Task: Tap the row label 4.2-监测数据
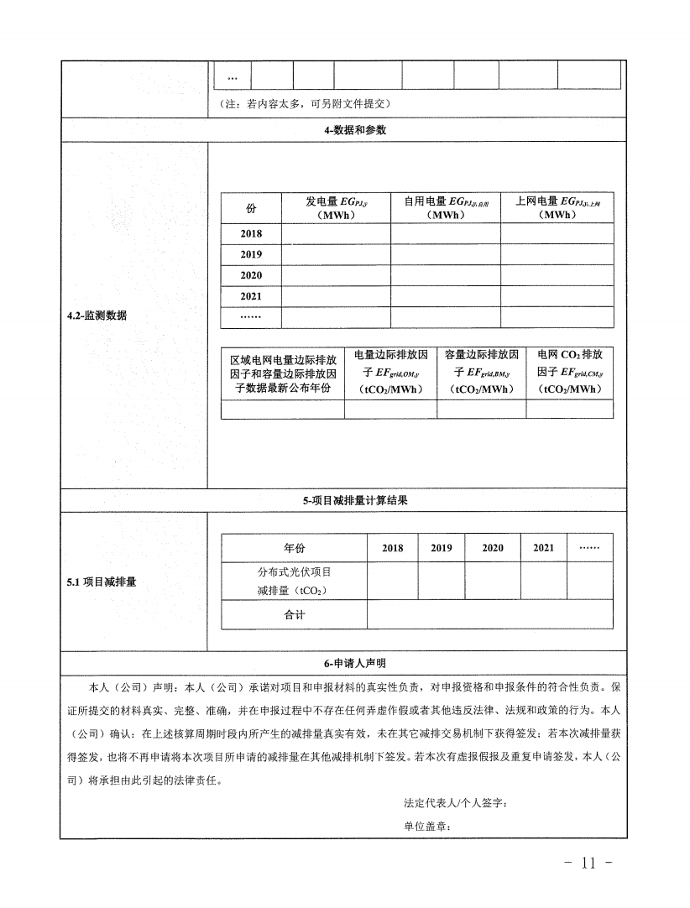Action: click(x=97, y=316)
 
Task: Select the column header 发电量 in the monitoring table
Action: click(x=335, y=207)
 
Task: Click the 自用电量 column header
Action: click(x=445, y=207)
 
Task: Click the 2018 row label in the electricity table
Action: click(x=250, y=234)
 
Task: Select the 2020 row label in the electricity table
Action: click(x=250, y=275)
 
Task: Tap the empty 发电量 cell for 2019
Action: click(x=335, y=254)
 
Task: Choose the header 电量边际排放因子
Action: click(x=390, y=372)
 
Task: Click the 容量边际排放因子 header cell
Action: click(x=482, y=372)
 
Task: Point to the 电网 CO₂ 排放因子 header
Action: click(x=569, y=372)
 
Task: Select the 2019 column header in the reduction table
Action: click(x=441, y=548)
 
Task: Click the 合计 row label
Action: click(x=294, y=615)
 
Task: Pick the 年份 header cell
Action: click(x=294, y=548)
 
